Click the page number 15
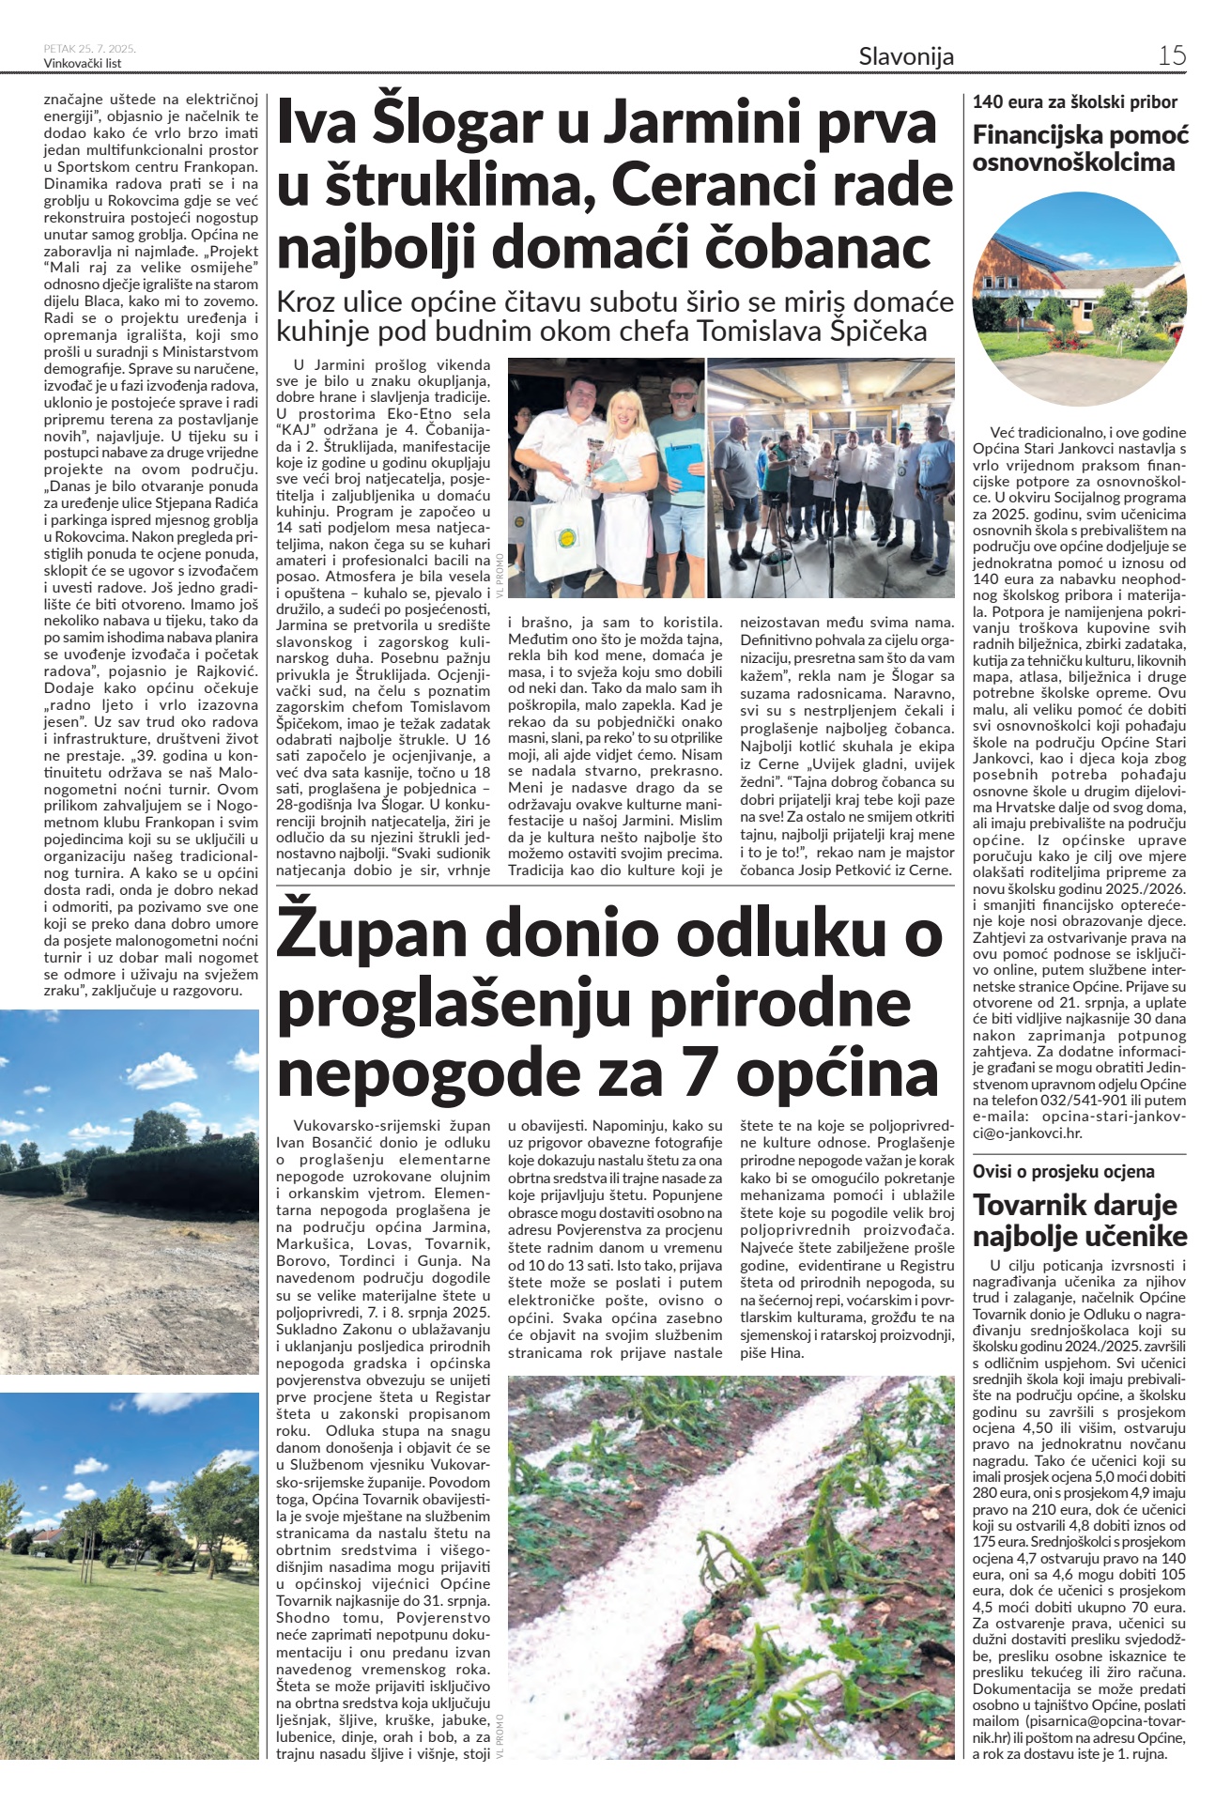pyautogui.click(x=1171, y=55)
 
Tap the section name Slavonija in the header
pyautogui.click(x=906, y=56)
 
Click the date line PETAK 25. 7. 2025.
pyautogui.click(x=90, y=48)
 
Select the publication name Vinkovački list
pyautogui.click(x=83, y=63)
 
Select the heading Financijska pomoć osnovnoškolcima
pyautogui.click(x=1080, y=148)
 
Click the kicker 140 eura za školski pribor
pyautogui.click(x=1074, y=102)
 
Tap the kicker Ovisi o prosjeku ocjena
pyautogui.click(x=1063, y=1171)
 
